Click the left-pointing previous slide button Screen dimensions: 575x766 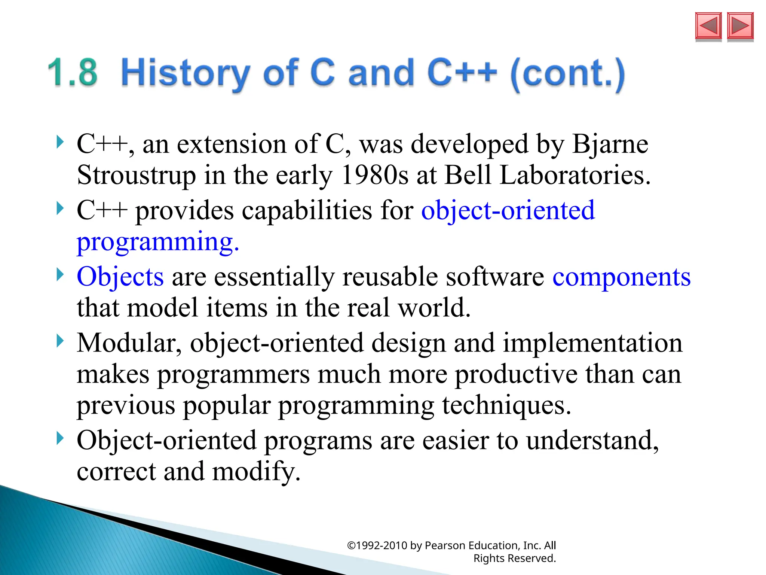tap(708, 26)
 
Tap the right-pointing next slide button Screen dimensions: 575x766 tap(740, 26)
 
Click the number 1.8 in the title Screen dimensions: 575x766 tap(73, 73)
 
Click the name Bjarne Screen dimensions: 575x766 tap(610, 144)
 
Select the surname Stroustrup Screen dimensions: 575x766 tap(136, 175)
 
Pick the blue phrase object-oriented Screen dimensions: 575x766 tap(508, 210)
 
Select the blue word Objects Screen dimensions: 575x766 tap(120, 277)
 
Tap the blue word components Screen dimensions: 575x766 tap(621, 277)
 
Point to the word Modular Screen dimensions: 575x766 tap(129, 343)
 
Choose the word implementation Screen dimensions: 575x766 tap(592, 343)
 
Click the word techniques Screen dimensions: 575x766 tap(506, 405)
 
